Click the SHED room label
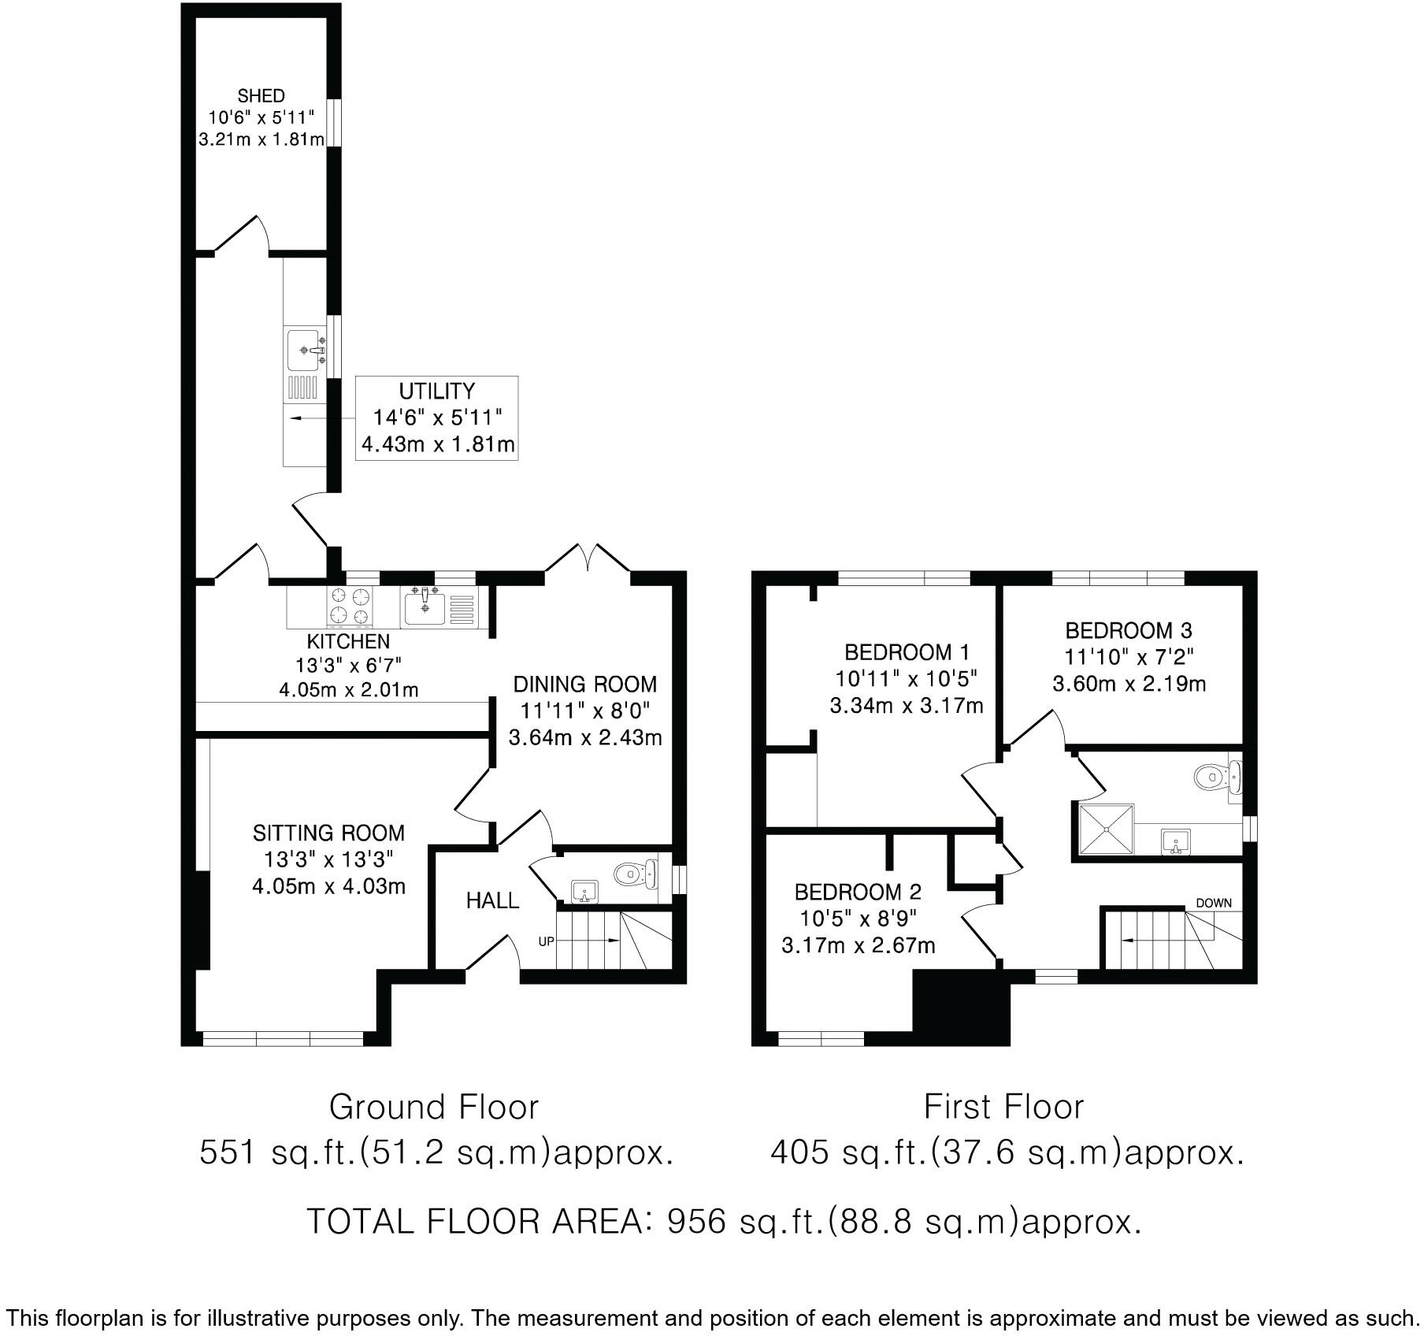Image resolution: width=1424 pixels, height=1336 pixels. pos(261,96)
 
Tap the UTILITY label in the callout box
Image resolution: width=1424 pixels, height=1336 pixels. pos(436,392)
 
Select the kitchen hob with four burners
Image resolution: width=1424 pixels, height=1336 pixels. pos(350,607)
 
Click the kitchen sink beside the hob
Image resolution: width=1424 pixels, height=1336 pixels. pos(425,607)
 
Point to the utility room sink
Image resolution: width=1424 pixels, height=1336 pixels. pos(305,351)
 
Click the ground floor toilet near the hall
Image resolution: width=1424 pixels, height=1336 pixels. pos(630,874)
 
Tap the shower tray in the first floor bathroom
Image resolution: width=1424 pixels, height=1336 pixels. pos(1106,829)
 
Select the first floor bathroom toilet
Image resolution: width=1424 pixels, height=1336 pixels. pos(1209,777)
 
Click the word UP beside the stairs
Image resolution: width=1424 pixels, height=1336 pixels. pos(546,941)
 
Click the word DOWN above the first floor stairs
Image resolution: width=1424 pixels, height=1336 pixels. pos(1213,903)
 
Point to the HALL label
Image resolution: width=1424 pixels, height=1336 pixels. pos(492,900)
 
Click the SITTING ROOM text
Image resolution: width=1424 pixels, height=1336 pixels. pos(328,833)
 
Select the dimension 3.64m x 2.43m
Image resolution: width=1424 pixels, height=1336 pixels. pos(584,738)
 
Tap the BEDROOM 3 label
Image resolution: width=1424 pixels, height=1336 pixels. pos(1128,630)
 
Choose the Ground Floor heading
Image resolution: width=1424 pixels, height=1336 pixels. pos(433,1107)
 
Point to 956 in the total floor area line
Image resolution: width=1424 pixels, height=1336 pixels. pos(695,1222)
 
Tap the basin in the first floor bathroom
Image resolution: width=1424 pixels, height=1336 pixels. pos(1175,842)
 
